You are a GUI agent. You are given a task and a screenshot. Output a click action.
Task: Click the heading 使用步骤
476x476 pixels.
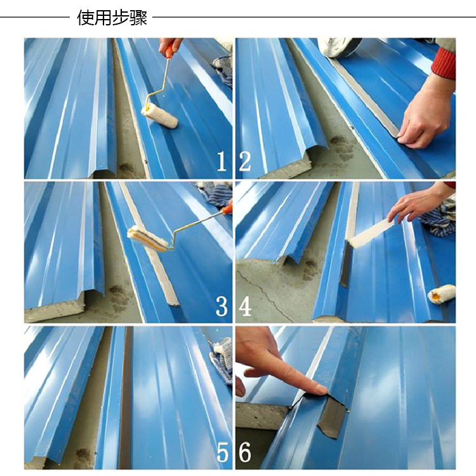click(x=112, y=17)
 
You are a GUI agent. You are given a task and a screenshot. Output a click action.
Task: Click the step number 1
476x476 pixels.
click(x=222, y=162)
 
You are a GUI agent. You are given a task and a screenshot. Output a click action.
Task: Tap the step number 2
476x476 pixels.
click(x=245, y=162)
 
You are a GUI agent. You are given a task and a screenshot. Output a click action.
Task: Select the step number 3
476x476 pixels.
click(x=221, y=306)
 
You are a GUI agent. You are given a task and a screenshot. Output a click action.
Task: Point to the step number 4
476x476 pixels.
click(x=245, y=306)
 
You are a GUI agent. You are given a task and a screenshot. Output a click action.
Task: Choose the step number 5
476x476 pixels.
click(x=222, y=452)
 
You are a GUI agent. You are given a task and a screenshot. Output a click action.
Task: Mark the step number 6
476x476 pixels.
click(x=245, y=452)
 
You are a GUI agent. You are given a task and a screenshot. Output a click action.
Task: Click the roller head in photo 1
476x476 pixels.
click(x=159, y=116)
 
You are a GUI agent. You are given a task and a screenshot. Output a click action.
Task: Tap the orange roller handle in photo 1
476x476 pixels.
click(x=168, y=51)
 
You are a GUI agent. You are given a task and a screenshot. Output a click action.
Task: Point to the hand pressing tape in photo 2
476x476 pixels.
click(x=425, y=116)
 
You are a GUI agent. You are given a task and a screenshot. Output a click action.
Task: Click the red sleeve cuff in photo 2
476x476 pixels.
click(x=444, y=63)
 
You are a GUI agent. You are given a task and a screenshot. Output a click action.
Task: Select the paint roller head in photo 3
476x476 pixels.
click(x=149, y=239)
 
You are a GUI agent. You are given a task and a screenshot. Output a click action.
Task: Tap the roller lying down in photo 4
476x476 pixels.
click(x=442, y=294)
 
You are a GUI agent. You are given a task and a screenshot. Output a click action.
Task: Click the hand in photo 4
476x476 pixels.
click(x=419, y=201)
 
